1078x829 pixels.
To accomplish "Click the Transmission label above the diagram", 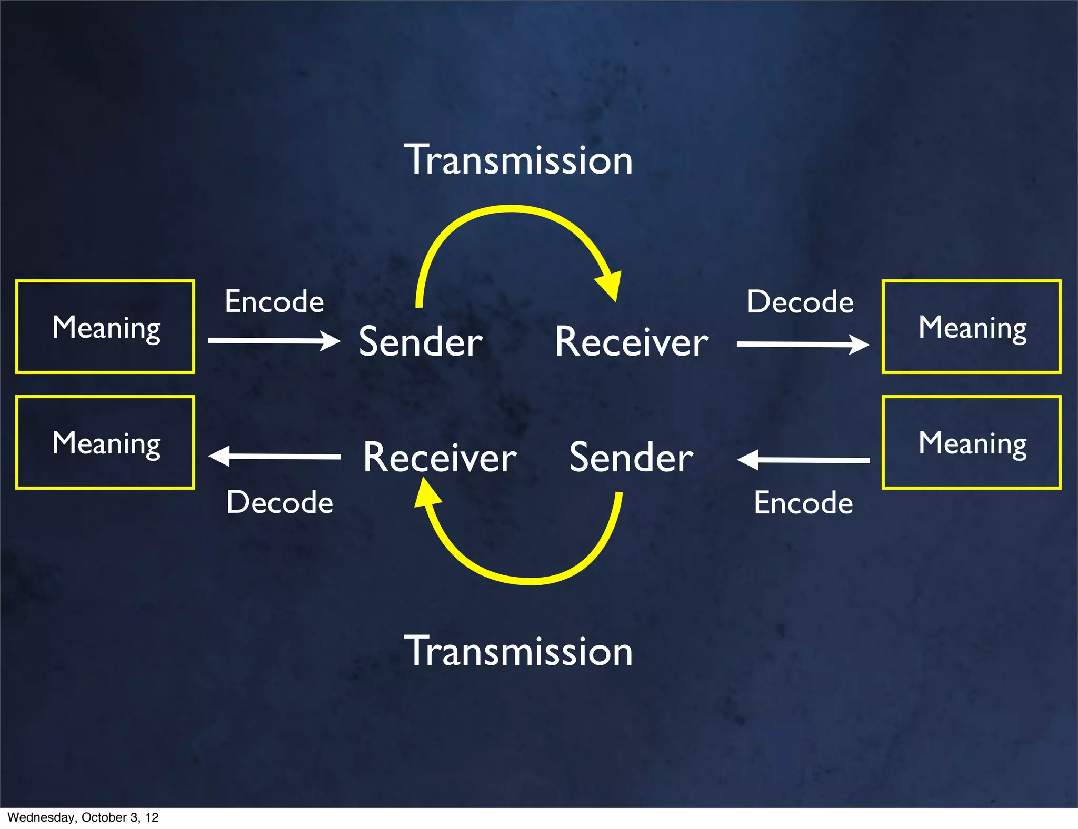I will click(x=518, y=160).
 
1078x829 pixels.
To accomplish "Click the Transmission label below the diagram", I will click(x=518, y=651).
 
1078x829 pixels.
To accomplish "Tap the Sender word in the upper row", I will click(x=421, y=342).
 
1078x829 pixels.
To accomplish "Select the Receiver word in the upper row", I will click(x=632, y=342).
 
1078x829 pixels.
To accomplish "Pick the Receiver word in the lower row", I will click(x=440, y=458).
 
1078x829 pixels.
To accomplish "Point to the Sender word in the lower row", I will click(x=631, y=458).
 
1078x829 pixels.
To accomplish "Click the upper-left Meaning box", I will click(x=105, y=327).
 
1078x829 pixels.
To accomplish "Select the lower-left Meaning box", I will click(x=105, y=442).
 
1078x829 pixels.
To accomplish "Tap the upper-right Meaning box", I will click(x=972, y=327).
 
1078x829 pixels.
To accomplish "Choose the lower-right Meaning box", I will click(x=972, y=442).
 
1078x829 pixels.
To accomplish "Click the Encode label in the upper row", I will click(x=274, y=301).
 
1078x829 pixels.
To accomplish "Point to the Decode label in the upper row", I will click(x=800, y=302).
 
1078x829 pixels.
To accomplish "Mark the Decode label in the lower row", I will click(x=280, y=502).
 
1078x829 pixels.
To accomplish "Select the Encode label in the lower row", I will click(x=803, y=503).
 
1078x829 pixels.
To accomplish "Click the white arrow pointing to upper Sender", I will click(x=274, y=341).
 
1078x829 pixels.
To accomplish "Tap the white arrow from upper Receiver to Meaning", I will click(x=803, y=345).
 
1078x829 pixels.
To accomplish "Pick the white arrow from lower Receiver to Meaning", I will click(x=274, y=456).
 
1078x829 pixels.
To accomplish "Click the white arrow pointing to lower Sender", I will click(x=803, y=460).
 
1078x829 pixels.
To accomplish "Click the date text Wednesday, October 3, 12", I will click(x=83, y=817).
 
